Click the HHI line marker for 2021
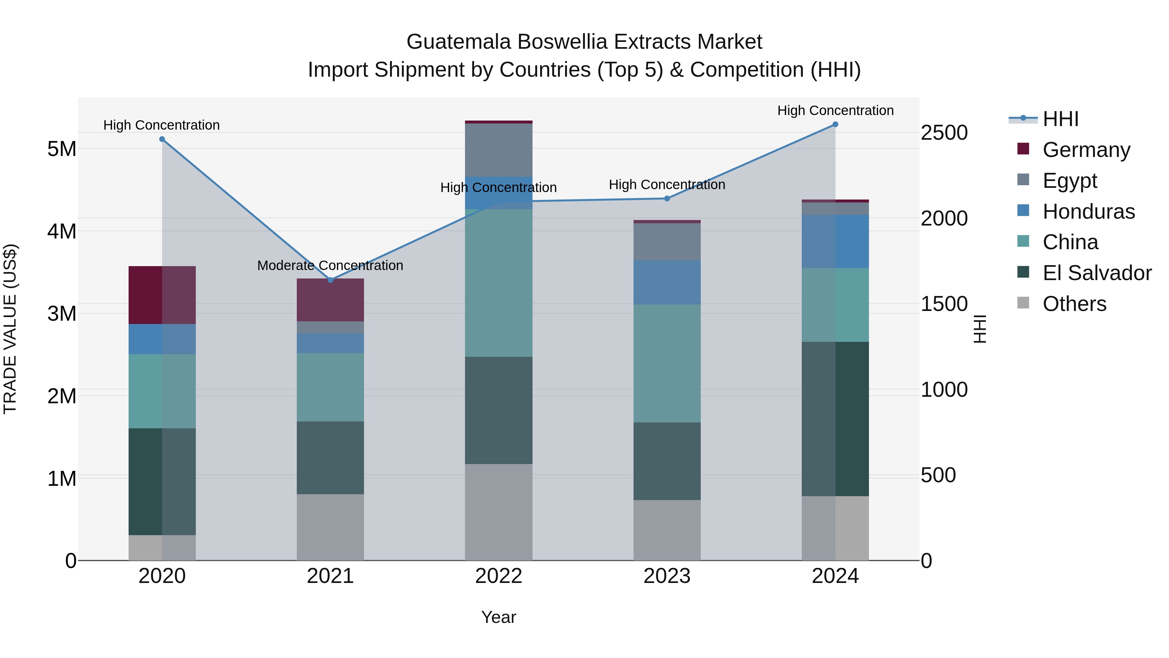pos(330,280)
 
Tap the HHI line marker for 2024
pos(835,124)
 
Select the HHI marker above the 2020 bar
pos(162,139)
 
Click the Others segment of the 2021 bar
pos(330,527)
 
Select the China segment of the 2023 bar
pos(667,363)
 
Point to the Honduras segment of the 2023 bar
pos(667,282)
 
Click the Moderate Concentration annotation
pos(330,265)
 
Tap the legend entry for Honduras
pos(1088,212)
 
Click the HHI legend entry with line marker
pos(1060,119)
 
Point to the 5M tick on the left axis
pos(62,149)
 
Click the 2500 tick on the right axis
pos(944,133)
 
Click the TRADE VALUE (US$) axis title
pos(10,329)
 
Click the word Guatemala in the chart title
pos(458,42)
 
